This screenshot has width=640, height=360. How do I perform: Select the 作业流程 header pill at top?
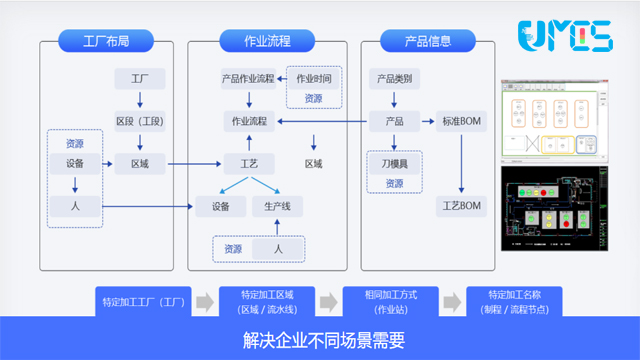click(267, 42)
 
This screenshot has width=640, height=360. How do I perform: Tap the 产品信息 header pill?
click(427, 42)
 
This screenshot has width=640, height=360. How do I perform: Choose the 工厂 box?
click(140, 78)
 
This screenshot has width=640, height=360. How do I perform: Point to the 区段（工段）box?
click(140, 121)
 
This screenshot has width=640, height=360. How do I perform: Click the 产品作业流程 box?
click(247, 78)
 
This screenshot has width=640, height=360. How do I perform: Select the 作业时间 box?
click(314, 78)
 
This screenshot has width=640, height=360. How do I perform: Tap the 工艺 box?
click(249, 163)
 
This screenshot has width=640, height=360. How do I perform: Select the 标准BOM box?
click(461, 121)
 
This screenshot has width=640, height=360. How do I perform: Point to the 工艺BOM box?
click(461, 207)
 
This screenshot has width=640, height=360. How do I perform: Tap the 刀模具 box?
click(394, 163)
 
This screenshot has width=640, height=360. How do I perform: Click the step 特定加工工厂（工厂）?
click(143, 301)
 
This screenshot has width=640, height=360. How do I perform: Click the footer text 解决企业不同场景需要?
click(320, 339)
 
